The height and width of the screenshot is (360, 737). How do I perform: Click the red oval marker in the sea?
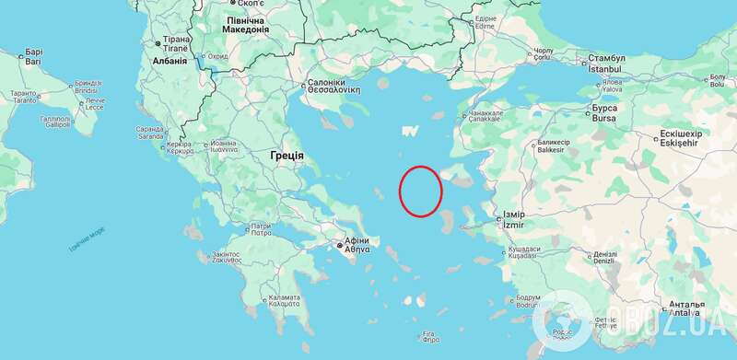(420, 191)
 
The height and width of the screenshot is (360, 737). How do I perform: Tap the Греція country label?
(287, 156)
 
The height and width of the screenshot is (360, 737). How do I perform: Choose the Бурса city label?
(603, 109)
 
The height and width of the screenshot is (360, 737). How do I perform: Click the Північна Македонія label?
(246, 24)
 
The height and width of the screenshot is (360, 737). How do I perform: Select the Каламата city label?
(283, 298)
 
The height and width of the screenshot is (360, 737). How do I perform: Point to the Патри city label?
(262, 226)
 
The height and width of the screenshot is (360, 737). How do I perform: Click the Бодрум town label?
(528, 297)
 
